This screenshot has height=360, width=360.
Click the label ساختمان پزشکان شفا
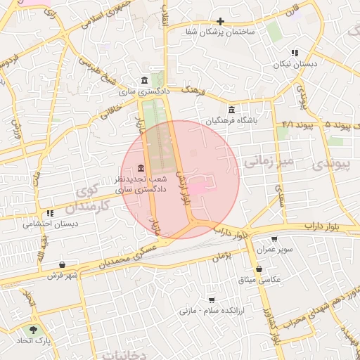tap(220, 33)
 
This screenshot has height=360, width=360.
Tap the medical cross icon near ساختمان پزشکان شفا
tap(221, 21)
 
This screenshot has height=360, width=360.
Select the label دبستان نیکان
tap(295, 64)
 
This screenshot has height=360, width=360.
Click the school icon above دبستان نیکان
tap(295, 53)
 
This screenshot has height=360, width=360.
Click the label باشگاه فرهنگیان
tap(232, 121)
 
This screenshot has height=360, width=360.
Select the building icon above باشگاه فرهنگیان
tap(232, 109)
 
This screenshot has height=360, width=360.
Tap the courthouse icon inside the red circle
tap(141, 168)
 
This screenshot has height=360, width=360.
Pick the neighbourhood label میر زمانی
tap(271, 163)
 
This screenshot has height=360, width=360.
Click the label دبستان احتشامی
tap(50, 224)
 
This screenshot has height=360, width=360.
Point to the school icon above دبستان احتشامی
tap(50, 213)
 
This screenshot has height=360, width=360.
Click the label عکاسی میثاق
tap(259, 280)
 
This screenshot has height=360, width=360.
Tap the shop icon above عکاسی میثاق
tap(259, 269)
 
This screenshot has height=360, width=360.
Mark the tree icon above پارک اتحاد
tap(33, 329)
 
